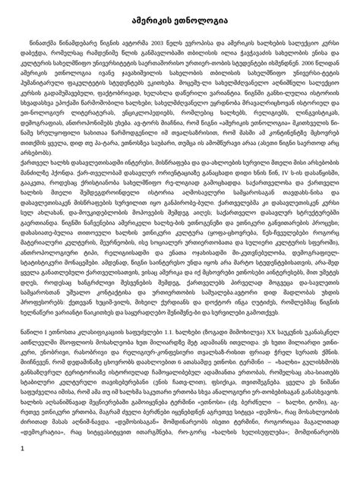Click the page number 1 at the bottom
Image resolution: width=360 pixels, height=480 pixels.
point(26,458)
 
